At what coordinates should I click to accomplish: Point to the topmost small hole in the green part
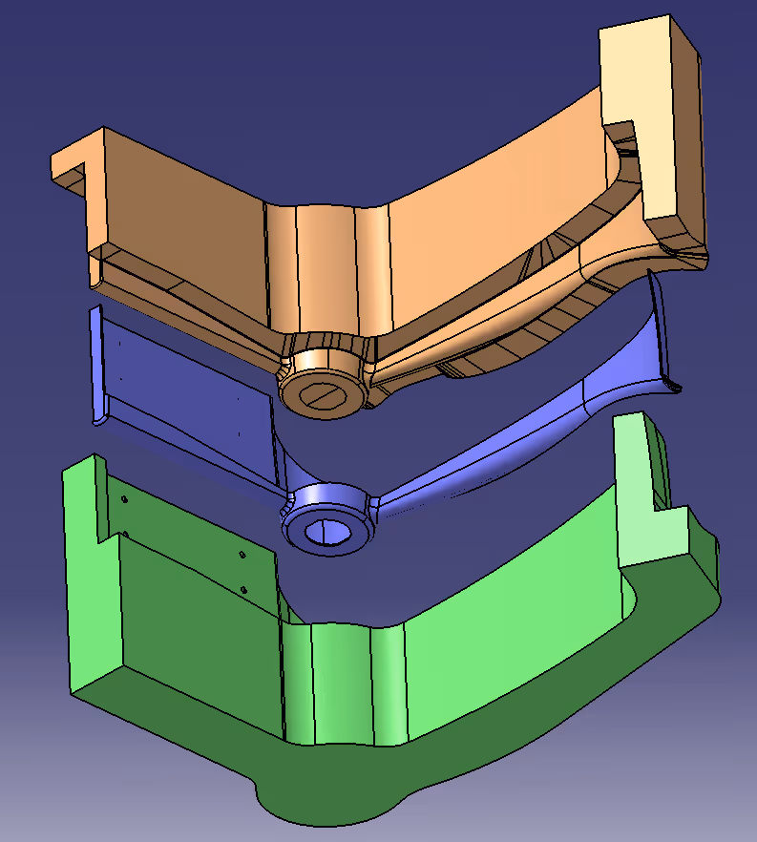(124, 498)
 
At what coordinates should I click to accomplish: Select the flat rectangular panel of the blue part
(181, 382)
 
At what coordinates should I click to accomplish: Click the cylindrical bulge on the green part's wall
(344, 678)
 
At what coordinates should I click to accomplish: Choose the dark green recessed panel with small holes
(191, 592)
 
